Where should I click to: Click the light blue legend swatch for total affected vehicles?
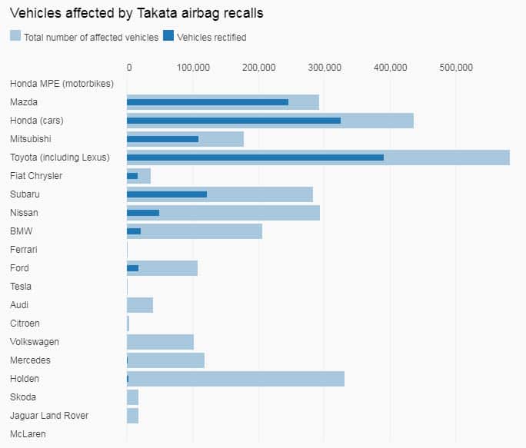pyautogui.click(x=15, y=36)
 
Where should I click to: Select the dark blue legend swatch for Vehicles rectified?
pyautogui.click(x=169, y=36)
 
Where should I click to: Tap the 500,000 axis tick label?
pyautogui.click(x=455, y=68)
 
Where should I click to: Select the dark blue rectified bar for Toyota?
pyautogui.click(x=255, y=158)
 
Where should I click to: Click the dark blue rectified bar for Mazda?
pyautogui.click(x=207, y=102)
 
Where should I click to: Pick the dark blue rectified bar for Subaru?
pyautogui.click(x=166, y=194)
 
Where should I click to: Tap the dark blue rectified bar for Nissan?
pyautogui.click(x=142, y=213)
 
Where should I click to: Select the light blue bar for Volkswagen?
pyautogui.click(x=160, y=342)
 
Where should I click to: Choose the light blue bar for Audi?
pyautogui.click(x=139, y=305)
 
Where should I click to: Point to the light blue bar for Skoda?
pyautogui.click(x=132, y=397)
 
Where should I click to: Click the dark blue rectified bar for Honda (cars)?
pyautogui.click(x=233, y=121)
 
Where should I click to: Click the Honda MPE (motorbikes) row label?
pyautogui.click(x=62, y=84)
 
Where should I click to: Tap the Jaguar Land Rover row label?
pyautogui.click(x=49, y=416)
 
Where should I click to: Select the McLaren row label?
pyautogui.click(x=28, y=434)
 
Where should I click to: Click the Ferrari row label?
pyautogui.click(x=24, y=250)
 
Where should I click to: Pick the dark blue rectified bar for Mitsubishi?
pyautogui.click(x=162, y=139)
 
